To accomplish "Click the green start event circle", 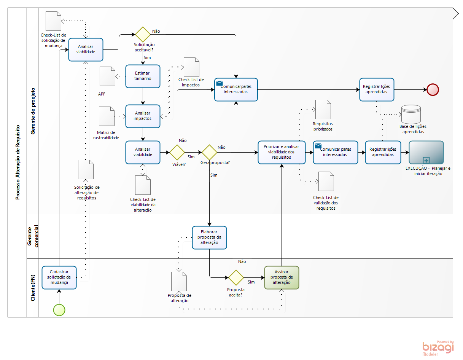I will pyautogui.click(x=59, y=310).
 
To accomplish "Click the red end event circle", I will pyautogui.click(x=433, y=89).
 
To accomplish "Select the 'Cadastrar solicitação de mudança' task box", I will pyautogui.click(x=59, y=277).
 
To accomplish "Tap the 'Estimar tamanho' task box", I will pyautogui.click(x=143, y=76).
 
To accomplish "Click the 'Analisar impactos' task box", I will pyautogui.click(x=143, y=116).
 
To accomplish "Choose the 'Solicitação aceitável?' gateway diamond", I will pyautogui.click(x=143, y=34).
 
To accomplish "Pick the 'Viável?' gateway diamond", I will pyautogui.click(x=177, y=152).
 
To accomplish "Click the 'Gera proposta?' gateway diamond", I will pyautogui.click(x=209, y=152).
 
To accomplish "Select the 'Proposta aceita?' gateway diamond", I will pyautogui.click(x=236, y=277).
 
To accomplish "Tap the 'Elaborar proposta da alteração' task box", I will pyautogui.click(x=209, y=237).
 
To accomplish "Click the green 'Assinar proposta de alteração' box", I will pyautogui.click(x=282, y=277).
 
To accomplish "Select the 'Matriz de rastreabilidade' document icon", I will pyautogui.click(x=107, y=116).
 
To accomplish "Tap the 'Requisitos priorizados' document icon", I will pyautogui.click(x=323, y=109).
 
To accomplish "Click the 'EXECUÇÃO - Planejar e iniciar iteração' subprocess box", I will pyautogui.click(x=426, y=152).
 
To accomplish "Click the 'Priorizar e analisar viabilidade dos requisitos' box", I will pyautogui.click(x=282, y=152).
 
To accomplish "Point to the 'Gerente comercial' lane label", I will pyautogui.click(x=32, y=236).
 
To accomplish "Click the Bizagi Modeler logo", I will pyautogui.click(x=438, y=348).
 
